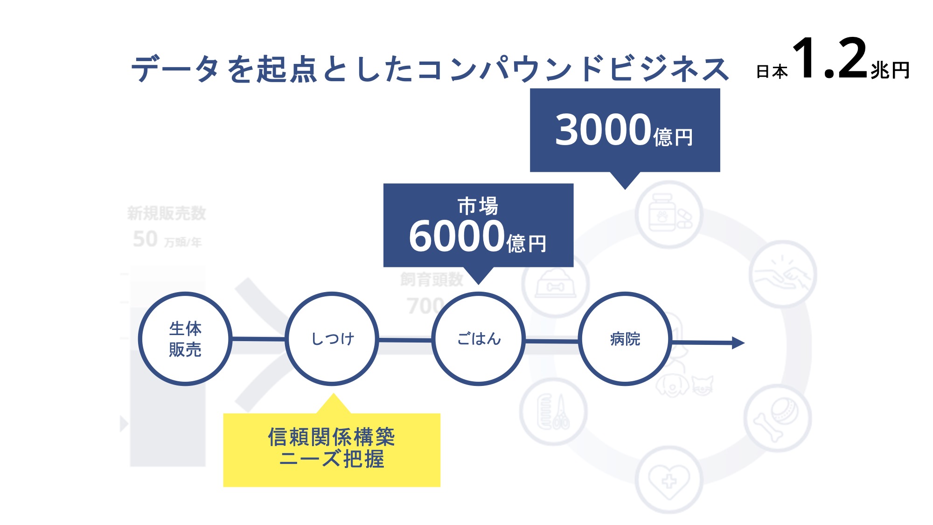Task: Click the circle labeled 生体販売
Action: click(x=185, y=339)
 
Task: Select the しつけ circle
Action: click(x=332, y=339)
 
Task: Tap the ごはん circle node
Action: click(x=479, y=339)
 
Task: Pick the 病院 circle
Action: click(x=625, y=339)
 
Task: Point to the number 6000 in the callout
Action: click(x=457, y=236)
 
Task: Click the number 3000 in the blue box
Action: click(x=603, y=130)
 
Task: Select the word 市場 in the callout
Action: click(x=478, y=206)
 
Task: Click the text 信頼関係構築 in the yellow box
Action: click(x=332, y=437)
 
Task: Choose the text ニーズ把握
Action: click(x=332, y=459)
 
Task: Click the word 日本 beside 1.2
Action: click(x=772, y=72)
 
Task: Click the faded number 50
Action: click(x=145, y=239)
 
